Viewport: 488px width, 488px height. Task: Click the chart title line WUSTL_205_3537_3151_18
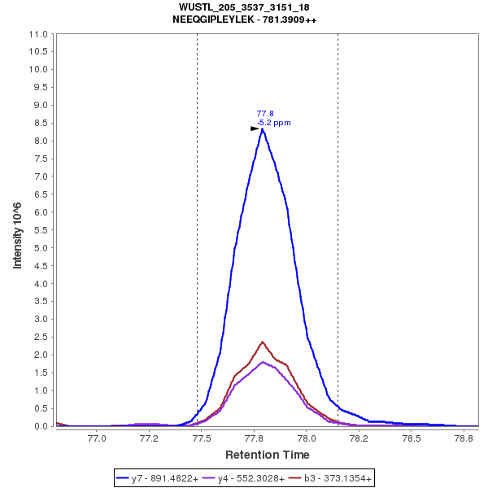[244, 7]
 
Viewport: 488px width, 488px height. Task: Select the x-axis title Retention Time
[267, 455]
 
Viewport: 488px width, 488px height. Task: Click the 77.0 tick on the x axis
[97, 438]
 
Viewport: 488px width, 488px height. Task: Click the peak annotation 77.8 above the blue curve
[264, 114]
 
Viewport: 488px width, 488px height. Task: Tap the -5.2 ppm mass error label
[274, 123]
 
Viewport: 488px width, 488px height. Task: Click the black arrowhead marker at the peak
[255, 129]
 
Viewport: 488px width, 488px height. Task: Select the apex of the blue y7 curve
[263, 129]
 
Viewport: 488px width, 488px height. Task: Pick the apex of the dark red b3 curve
[262, 342]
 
